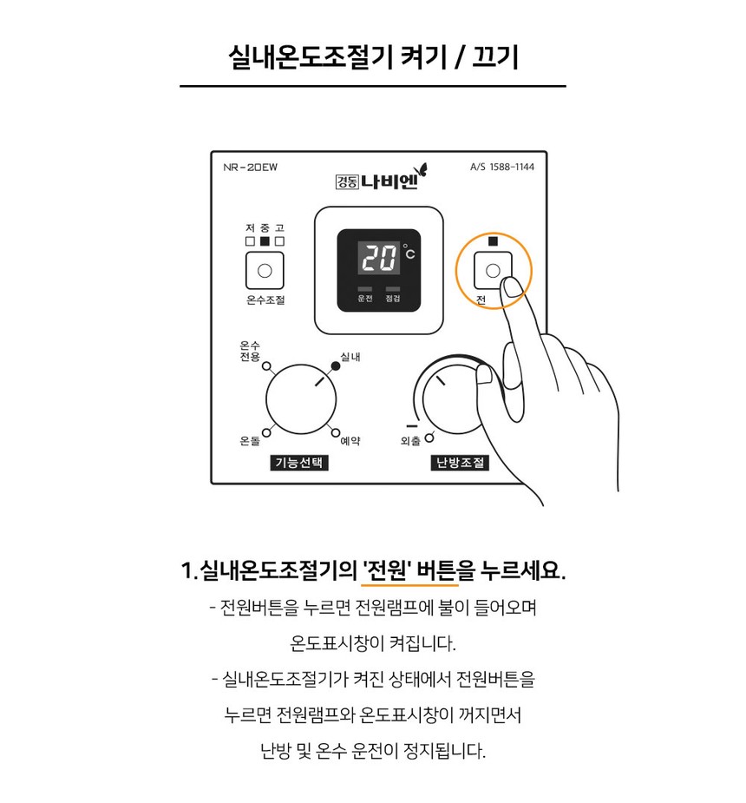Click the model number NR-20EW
[x=250, y=167]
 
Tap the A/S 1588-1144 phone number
[x=502, y=167]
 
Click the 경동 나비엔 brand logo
[x=381, y=178]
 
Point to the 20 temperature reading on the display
[x=378, y=257]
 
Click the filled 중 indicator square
[x=265, y=241]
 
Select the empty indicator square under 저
[x=250, y=241]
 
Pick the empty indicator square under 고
[x=279, y=241]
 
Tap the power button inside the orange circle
[x=492, y=270]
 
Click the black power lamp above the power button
[x=494, y=241]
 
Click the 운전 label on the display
[x=365, y=299]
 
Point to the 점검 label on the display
[x=392, y=299]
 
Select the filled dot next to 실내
[x=336, y=365]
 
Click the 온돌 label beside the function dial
[x=250, y=440]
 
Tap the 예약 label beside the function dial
[x=350, y=440]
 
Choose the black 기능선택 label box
[x=299, y=463]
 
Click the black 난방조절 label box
[x=460, y=463]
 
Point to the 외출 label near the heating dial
[x=410, y=440]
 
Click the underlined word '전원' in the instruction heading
[x=388, y=570]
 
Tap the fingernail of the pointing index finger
[x=512, y=286]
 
